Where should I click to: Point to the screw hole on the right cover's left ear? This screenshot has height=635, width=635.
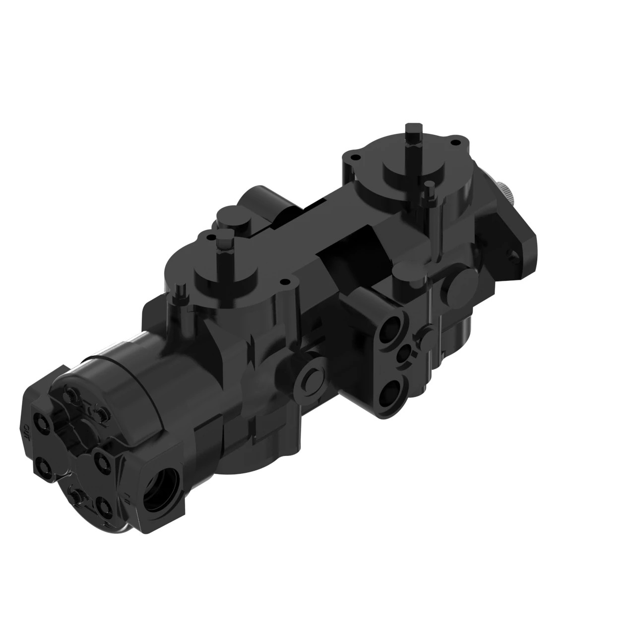click(x=353, y=157)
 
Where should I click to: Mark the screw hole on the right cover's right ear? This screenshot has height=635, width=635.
click(x=452, y=142)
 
